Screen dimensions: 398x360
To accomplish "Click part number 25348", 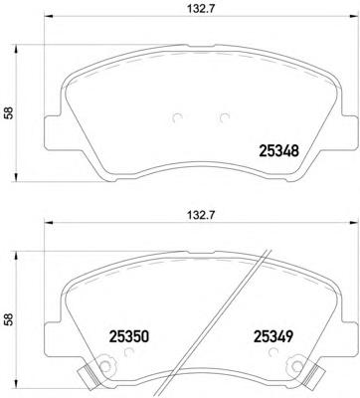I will coord(280,152).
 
